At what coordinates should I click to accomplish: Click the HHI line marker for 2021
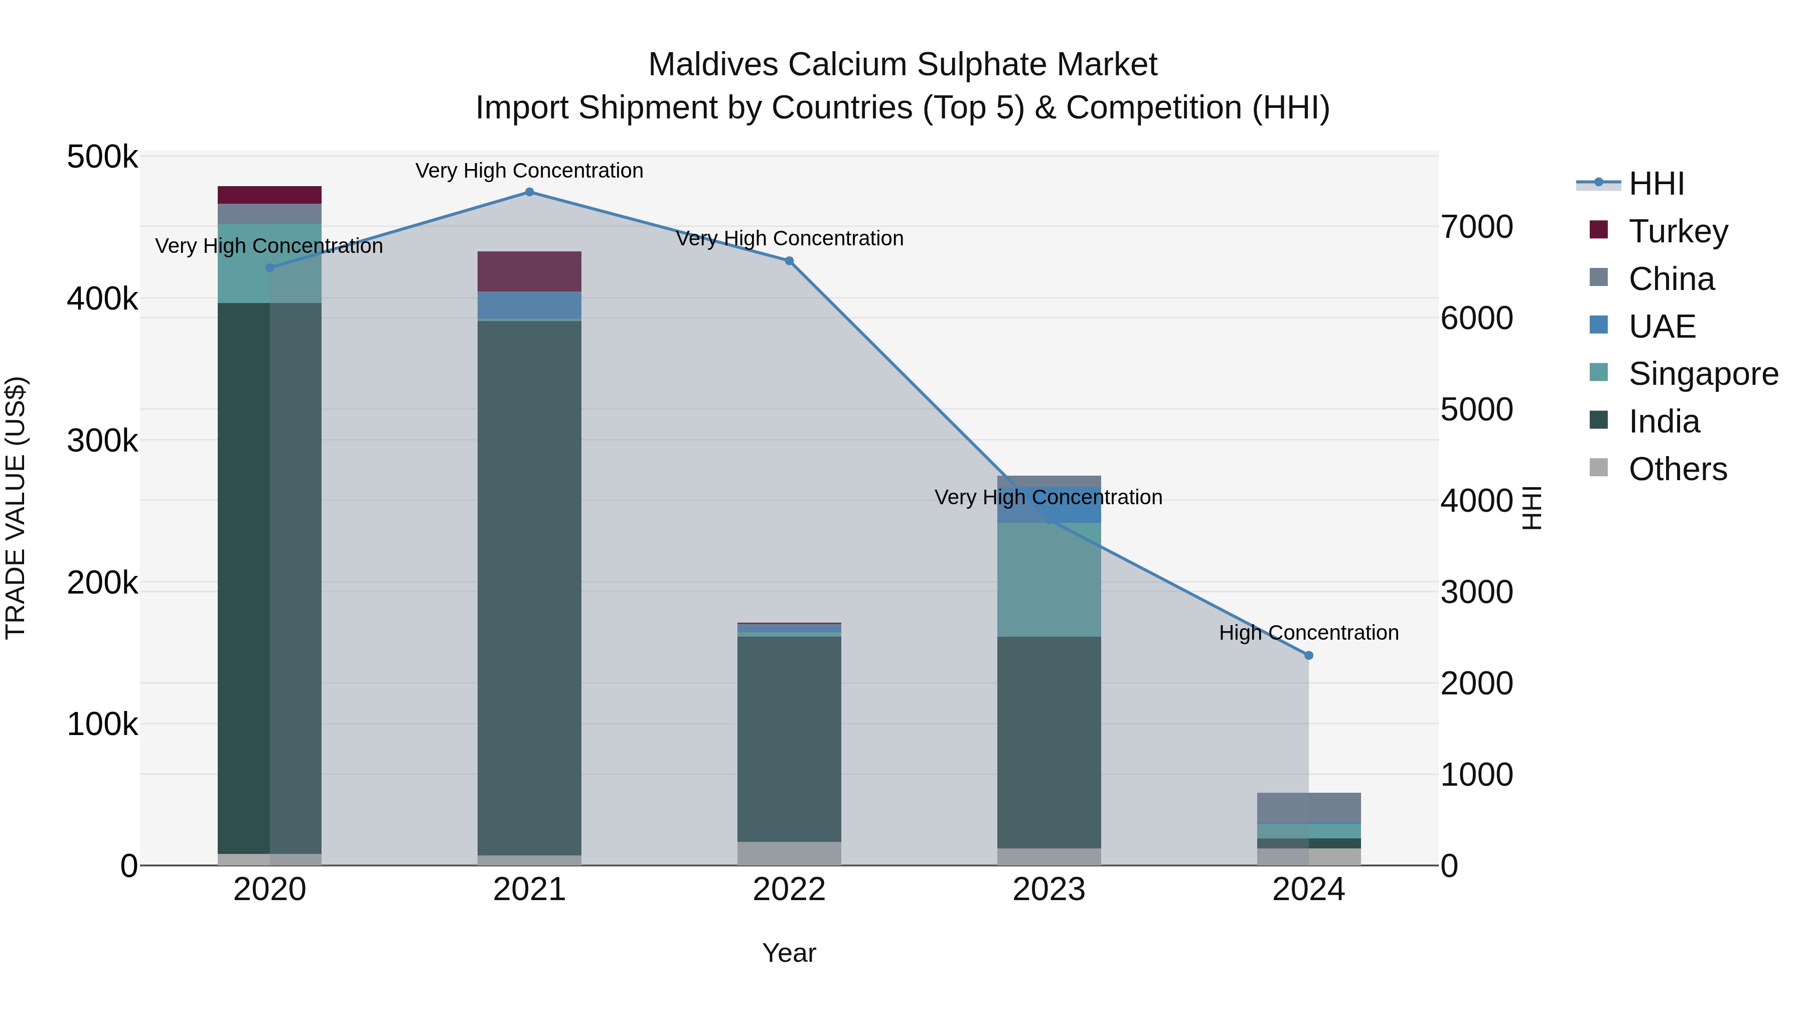click(529, 192)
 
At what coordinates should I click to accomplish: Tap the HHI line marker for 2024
click(1308, 656)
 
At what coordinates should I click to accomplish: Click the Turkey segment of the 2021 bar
click(529, 271)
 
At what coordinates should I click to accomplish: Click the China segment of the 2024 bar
click(1308, 807)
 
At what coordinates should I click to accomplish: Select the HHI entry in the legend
click(1656, 184)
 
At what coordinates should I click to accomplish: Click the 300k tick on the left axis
click(102, 441)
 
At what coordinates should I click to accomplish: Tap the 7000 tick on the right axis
click(1476, 227)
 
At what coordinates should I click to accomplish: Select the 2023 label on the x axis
click(1049, 890)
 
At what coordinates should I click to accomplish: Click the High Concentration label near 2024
click(1308, 633)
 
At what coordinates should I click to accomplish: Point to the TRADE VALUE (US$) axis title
click(16, 508)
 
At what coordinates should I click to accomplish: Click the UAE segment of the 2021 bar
click(529, 305)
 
